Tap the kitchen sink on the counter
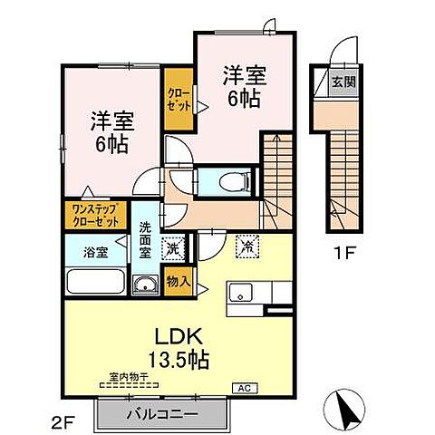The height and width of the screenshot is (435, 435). click(241, 293)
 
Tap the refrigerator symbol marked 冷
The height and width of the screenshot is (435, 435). click(246, 245)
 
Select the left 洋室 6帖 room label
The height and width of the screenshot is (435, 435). click(108, 131)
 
